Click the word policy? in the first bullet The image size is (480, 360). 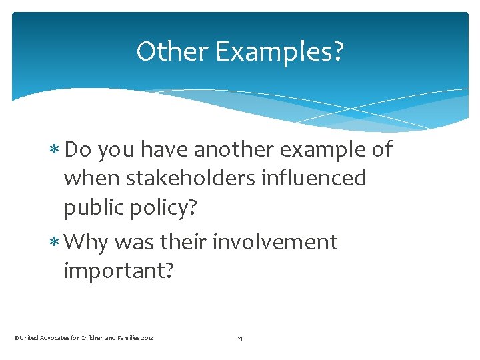164,208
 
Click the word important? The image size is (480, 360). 118,271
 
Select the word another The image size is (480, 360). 234,149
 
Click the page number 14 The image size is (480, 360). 240,339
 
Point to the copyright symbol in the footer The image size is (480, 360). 16,339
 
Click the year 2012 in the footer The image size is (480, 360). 147,339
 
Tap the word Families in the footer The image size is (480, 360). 127,339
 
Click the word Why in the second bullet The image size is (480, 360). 87,241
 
